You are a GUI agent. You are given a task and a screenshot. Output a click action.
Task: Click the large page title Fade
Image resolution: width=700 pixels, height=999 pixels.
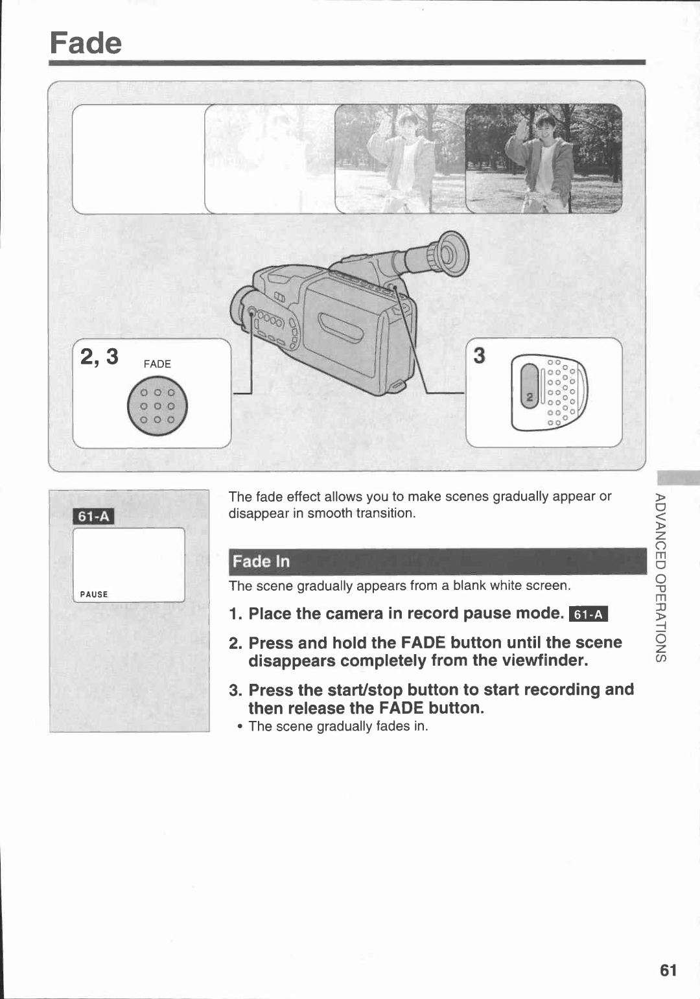[x=86, y=43]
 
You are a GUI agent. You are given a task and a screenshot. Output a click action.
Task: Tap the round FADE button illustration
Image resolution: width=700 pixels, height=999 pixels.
[x=157, y=406]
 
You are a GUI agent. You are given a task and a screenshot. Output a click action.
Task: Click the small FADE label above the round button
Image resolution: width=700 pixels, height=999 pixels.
[x=157, y=364]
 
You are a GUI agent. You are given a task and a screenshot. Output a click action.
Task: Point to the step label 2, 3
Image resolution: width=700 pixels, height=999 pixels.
[x=99, y=357]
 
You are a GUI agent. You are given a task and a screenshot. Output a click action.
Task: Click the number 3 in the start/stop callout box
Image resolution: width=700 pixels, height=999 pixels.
[x=479, y=355]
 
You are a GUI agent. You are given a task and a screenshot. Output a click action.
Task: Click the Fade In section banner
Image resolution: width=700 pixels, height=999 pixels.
[x=437, y=561]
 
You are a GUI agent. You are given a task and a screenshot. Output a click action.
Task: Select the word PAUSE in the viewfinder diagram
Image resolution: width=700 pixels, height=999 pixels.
[x=94, y=594]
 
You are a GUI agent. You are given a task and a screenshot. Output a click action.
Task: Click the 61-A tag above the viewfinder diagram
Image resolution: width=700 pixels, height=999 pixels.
[x=94, y=517]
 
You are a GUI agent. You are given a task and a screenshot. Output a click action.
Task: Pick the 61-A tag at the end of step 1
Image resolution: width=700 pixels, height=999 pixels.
[x=588, y=614]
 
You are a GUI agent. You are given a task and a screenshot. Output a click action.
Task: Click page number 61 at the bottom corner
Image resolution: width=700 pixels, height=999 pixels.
[x=668, y=970]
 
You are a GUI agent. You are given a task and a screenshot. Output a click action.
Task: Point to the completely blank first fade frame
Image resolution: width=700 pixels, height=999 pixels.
[x=137, y=159]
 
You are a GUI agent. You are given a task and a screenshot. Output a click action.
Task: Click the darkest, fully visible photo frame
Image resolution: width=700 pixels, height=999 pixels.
[x=544, y=159]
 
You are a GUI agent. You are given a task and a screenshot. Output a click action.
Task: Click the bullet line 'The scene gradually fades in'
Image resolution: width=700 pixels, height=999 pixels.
[x=338, y=726]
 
